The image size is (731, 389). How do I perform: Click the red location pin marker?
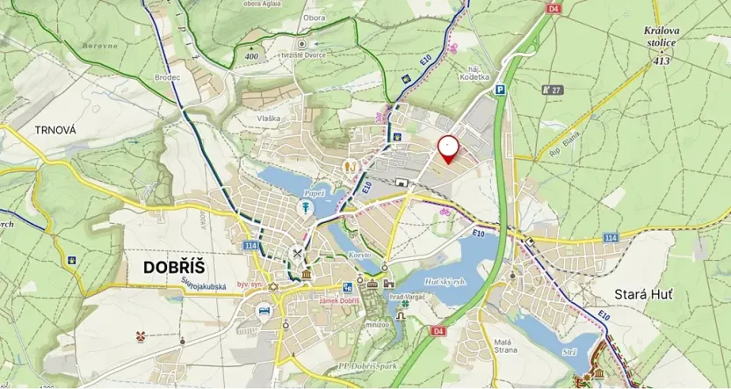click(x=448, y=148)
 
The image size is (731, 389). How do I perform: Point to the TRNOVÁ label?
click(x=55, y=130)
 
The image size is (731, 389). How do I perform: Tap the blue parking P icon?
click(x=500, y=89)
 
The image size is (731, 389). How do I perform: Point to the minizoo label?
click(x=377, y=324)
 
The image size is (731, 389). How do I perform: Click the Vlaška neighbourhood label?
click(x=269, y=118)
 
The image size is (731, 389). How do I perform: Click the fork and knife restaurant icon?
click(x=299, y=256)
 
